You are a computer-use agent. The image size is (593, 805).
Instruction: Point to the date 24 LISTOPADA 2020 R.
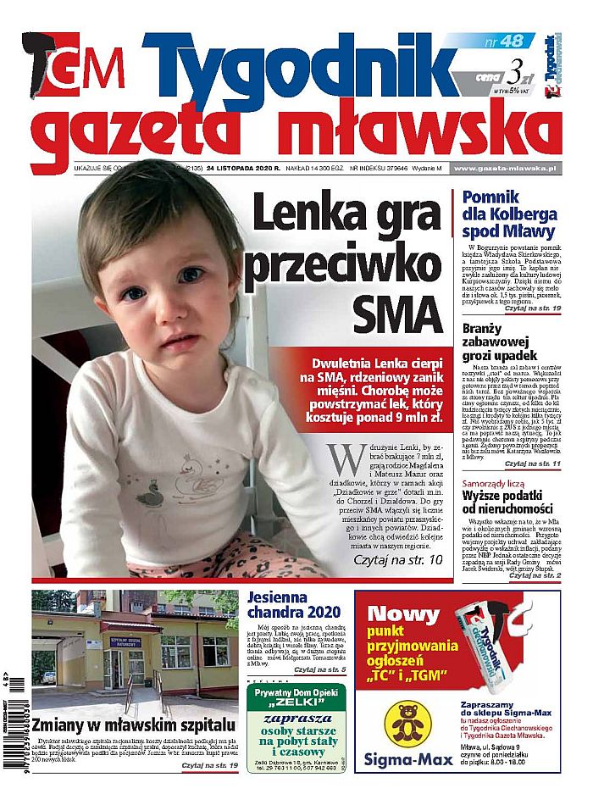coord(248,169)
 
